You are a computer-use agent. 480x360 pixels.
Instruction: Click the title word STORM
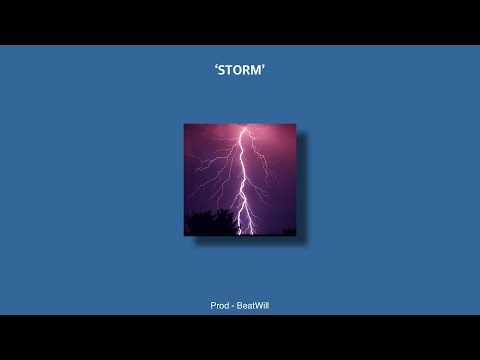click(x=240, y=72)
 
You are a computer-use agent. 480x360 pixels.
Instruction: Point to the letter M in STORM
click(x=258, y=72)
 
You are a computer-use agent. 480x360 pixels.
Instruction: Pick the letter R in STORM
click(x=248, y=72)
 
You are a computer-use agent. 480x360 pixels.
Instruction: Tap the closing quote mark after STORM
click(x=266, y=69)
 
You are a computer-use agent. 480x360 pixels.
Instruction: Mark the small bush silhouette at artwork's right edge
click(x=288, y=231)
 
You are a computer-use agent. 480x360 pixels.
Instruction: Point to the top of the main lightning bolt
click(x=244, y=127)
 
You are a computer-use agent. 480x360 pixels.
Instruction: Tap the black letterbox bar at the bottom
click(x=240, y=337)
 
